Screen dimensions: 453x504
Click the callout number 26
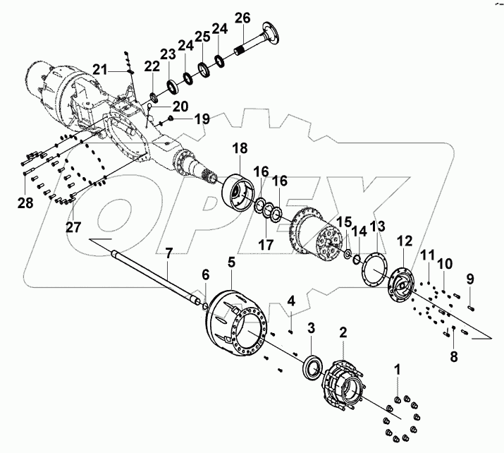242,17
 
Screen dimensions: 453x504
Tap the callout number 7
168,253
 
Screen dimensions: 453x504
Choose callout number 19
202,120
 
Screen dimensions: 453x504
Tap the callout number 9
470,278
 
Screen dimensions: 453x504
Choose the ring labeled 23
171,85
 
